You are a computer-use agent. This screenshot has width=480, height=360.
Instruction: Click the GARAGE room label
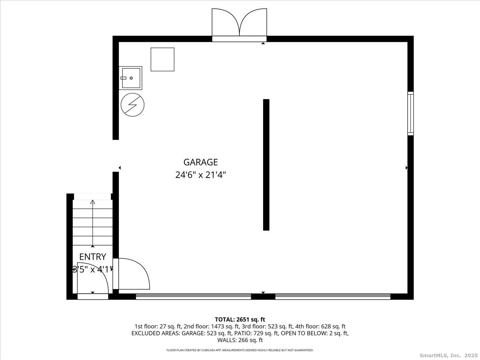tap(200, 162)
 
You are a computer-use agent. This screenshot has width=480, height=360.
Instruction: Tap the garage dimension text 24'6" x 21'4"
tap(200, 175)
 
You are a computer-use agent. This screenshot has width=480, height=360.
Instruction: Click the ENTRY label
tap(92, 257)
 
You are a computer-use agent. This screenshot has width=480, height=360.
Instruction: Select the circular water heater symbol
tap(132, 105)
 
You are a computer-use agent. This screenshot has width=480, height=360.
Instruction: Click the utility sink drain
tap(131, 78)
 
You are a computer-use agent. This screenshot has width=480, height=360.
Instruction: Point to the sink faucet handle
tap(123, 78)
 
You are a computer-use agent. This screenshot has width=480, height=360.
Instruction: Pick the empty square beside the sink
tap(162, 60)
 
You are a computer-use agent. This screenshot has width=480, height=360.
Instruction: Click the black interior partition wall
tap(266, 165)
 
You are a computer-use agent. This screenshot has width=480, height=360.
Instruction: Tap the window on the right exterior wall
tap(410, 114)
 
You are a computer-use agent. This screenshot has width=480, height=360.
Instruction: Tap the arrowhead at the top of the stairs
tap(93, 202)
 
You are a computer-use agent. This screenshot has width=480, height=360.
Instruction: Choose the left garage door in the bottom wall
tap(193, 296)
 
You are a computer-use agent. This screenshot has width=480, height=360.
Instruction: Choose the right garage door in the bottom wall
tap(333, 296)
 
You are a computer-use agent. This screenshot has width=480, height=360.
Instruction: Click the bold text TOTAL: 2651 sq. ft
tap(240, 320)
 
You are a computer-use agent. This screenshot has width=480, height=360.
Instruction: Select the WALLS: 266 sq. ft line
tap(240, 340)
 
